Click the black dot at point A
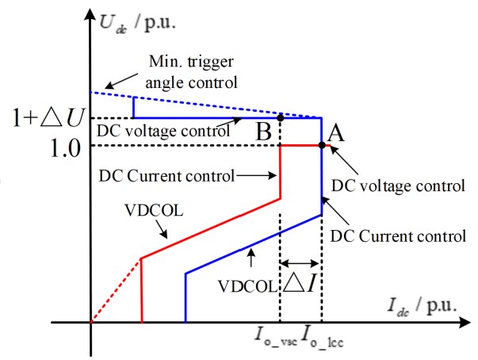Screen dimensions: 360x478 [321, 145]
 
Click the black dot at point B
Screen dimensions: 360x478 [280, 117]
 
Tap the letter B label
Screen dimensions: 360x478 [263, 132]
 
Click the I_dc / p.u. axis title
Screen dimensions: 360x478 [423, 304]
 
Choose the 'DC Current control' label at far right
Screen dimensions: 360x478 [396, 236]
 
